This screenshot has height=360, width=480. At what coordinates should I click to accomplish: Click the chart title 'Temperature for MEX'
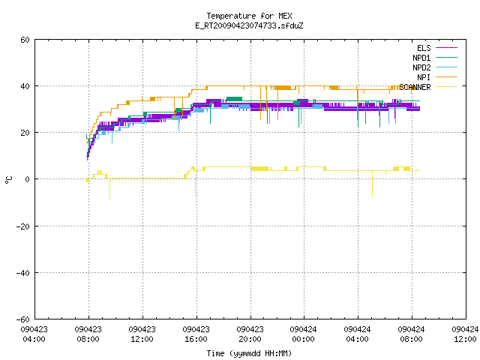pos(249,16)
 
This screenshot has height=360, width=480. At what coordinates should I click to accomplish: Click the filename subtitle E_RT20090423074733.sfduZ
pos(249,25)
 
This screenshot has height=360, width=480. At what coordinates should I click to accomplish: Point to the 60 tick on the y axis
pos(25,40)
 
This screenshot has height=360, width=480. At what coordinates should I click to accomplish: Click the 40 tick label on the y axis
pos(25,86)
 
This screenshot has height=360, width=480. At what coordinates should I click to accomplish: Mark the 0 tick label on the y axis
pos(27,179)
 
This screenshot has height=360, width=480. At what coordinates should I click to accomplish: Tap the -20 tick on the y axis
pos(23,226)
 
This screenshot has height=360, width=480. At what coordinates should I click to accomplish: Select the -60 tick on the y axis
pos(23,319)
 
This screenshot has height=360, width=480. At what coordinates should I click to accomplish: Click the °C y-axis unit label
pos(8,180)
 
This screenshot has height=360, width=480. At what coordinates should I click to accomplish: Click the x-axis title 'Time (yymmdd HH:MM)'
pos(249,353)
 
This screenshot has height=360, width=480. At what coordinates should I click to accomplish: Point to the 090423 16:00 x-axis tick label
pos(196,334)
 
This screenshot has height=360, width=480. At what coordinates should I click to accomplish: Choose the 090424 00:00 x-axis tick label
pos(303,334)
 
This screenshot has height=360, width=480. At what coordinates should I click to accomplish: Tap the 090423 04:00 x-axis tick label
pos(34,334)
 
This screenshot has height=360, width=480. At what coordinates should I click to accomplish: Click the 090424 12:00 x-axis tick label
pos(465,334)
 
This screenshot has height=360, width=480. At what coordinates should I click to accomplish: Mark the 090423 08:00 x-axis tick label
pos(88,334)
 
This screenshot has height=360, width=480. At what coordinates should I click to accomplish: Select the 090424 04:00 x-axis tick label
pos(357,334)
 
